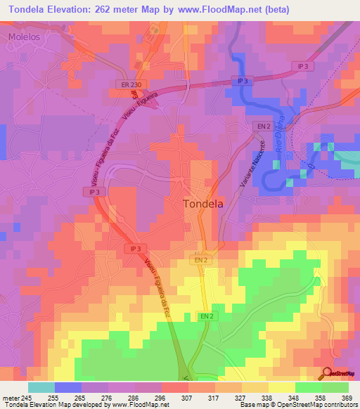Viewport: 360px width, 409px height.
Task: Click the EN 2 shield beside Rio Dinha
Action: pyautogui.click(x=264, y=126)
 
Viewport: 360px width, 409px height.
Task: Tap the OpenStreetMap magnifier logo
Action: pyautogui.click(x=328, y=372)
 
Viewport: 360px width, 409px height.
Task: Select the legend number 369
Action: pyautogui.click(x=347, y=397)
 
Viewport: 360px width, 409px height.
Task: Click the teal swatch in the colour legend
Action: pyautogui.click(x=41, y=387)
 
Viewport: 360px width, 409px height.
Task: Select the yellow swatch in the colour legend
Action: pyautogui.click(x=281, y=387)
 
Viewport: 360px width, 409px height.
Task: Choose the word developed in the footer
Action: pyautogui.click(x=80, y=405)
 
